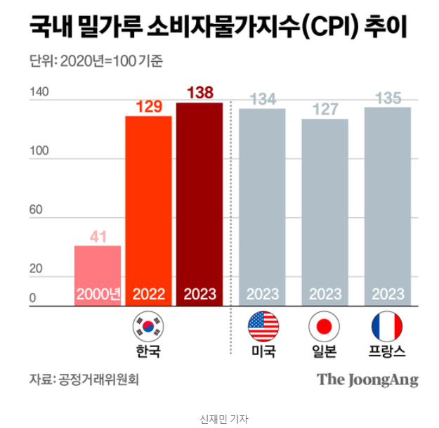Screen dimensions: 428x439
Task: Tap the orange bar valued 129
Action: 148,211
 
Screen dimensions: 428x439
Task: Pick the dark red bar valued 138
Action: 199,204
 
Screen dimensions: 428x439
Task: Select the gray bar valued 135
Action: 387,207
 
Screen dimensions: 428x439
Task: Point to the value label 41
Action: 98,237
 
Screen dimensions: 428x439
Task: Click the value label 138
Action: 199,93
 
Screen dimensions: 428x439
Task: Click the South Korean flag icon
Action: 148,326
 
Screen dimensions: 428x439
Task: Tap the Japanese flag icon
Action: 325,326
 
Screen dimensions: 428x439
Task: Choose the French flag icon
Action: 387,326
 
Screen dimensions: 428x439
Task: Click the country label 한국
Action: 148,351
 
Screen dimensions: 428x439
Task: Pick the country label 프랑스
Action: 387,351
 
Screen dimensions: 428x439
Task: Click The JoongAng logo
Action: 367,380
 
